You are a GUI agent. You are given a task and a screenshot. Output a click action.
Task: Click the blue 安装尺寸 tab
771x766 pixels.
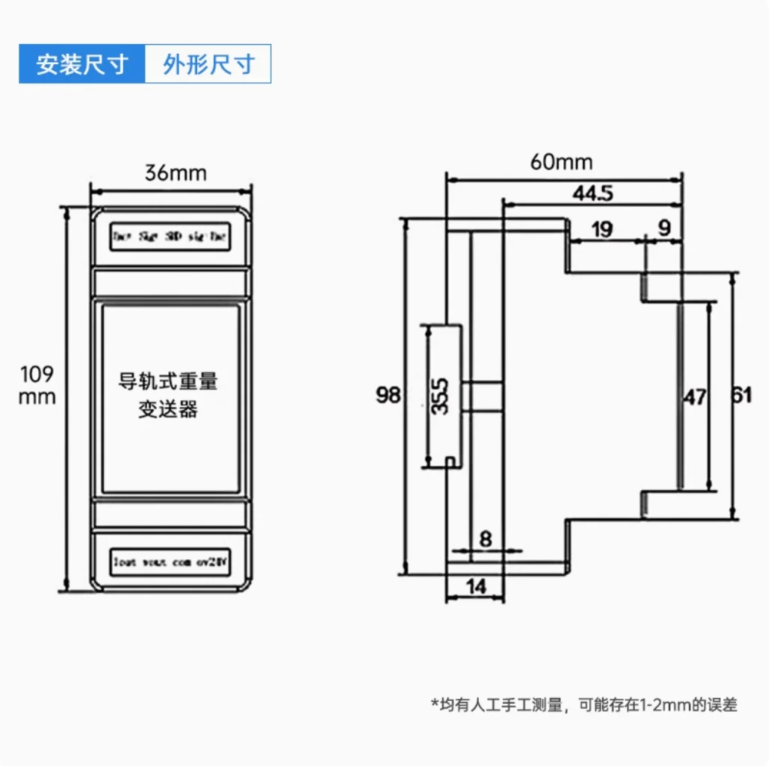pos(81,64)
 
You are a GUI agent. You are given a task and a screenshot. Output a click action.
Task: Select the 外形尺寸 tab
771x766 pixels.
pos(208,64)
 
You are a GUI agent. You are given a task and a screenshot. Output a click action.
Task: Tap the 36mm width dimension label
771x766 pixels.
pos(175,173)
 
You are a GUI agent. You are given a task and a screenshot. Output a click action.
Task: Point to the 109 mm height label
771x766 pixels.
pos(37,385)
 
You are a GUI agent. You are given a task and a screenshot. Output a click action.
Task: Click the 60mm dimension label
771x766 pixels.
pos(561,162)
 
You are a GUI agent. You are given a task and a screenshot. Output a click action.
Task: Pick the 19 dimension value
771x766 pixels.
pos(602,229)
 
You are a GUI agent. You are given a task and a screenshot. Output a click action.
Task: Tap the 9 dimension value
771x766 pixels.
pos(664,229)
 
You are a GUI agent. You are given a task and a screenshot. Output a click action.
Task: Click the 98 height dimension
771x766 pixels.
pos(388,395)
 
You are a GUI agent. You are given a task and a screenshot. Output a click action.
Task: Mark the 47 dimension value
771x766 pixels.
pos(695,398)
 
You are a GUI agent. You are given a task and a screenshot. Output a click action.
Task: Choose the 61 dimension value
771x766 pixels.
pos(742,396)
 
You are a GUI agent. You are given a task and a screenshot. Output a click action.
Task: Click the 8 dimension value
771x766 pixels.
pos(486,539)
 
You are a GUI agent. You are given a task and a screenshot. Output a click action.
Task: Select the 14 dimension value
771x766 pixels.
pos(475,587)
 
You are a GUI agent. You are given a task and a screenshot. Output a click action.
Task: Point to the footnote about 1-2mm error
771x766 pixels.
pos(583,704)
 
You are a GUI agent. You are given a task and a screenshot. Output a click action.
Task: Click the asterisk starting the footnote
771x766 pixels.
pos(434,703)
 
